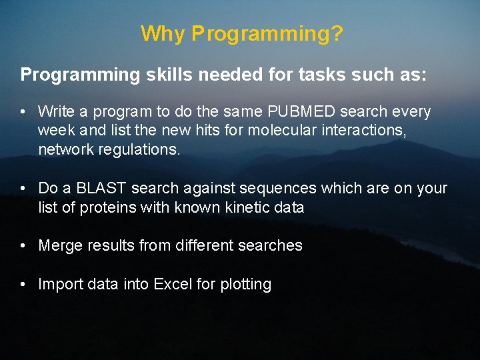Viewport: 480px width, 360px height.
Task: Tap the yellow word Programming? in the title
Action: (267, 34)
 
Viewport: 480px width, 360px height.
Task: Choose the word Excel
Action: (173, 284)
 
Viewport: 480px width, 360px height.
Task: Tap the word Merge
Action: (60, 245)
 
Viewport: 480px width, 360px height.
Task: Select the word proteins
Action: (108, 207)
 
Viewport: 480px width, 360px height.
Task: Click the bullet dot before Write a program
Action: (23, 112)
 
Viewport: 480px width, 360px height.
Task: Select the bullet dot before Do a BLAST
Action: (23, 189)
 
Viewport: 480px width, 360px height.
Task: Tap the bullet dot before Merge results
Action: (23, 246)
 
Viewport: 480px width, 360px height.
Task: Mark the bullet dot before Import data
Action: (23, 285)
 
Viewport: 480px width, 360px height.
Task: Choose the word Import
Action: (59, 285)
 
